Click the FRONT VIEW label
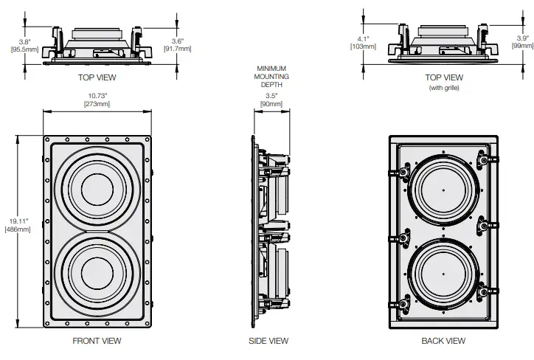(97, 341)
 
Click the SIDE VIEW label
(268, 341)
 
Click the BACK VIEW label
(443, 341)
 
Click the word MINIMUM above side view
(269, 69)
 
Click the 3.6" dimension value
(177, 41)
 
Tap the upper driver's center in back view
(444, 190)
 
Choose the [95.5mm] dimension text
(21, 49)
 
